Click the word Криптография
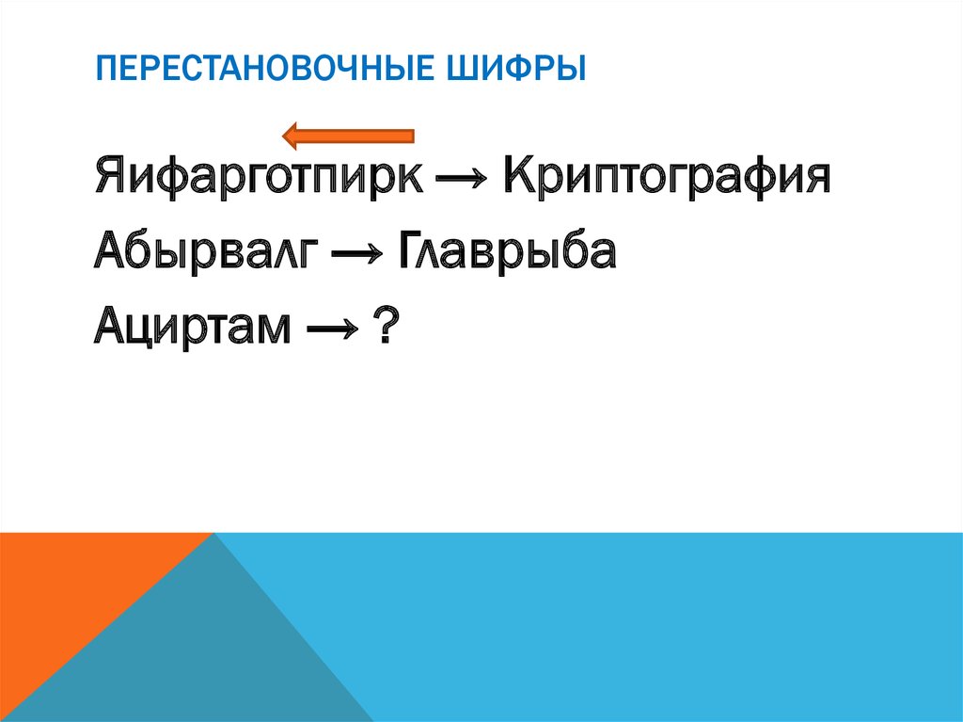coord(667,177)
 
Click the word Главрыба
coord(508,252)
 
